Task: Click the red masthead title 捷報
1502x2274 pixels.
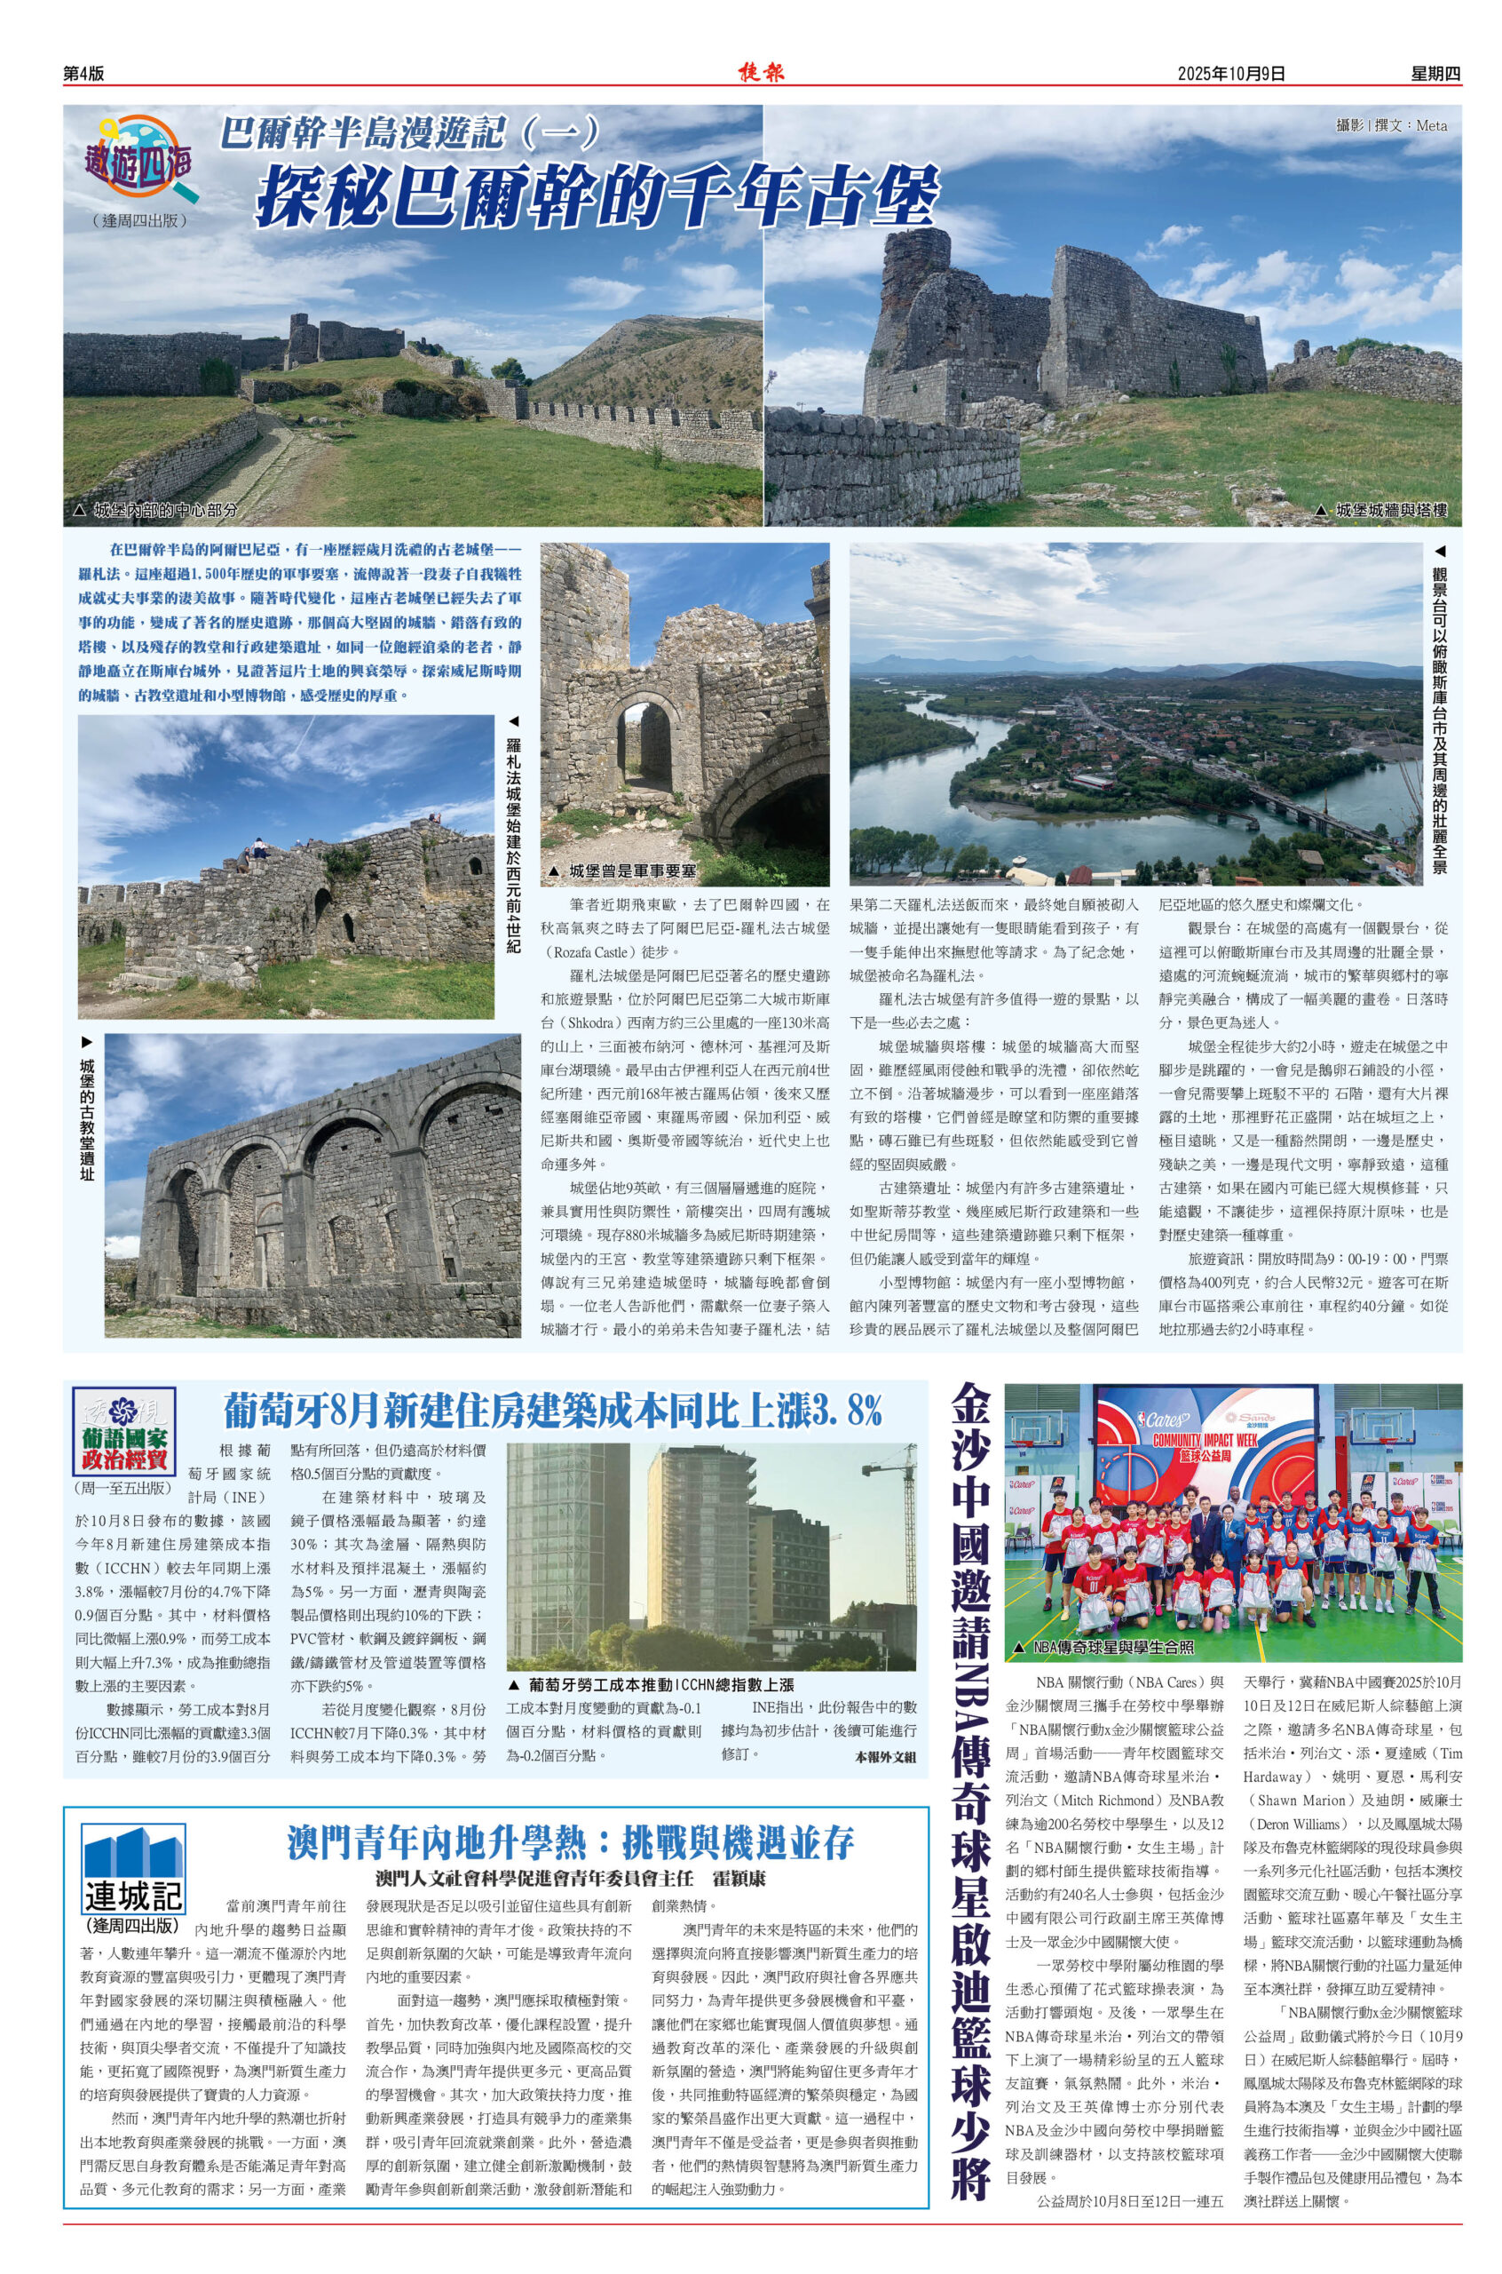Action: [762, 72]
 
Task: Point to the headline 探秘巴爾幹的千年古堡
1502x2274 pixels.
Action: [596, 196]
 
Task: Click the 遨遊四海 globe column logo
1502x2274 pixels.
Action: [143, 157]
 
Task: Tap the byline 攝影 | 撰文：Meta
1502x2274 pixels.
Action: [1391, 125]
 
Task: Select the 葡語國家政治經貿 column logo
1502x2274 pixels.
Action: [123, 1434]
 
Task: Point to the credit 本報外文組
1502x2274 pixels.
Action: [885, 1756]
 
